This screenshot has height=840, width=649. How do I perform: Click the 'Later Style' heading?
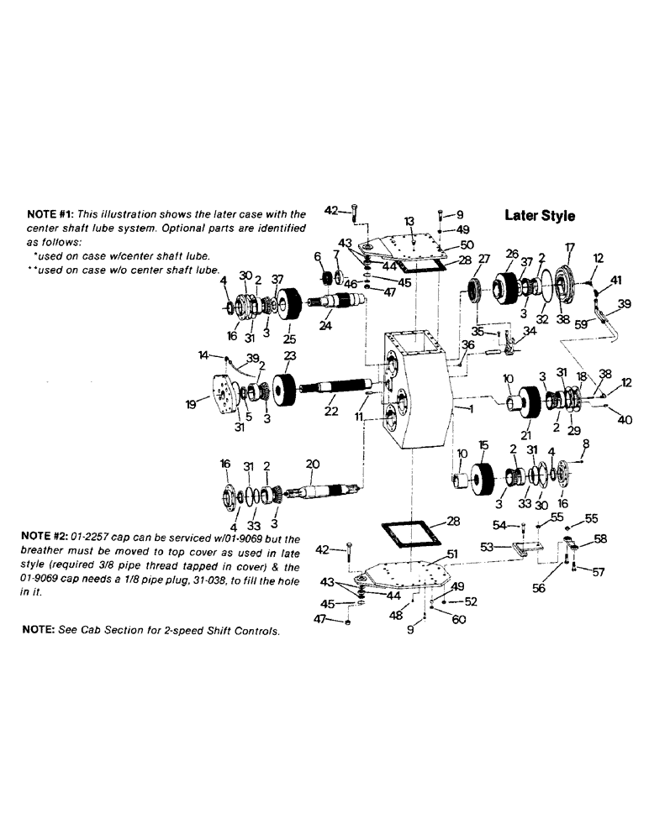pyautogui.click(x=540, y=215)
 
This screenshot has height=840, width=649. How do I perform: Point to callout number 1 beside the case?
pyautogui.click(x=460, y=409)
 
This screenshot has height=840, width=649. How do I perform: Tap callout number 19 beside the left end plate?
pyautogui.click(x=193, y=404)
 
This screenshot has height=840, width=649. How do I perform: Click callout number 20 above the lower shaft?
pyautogui.click(x=313, y=464)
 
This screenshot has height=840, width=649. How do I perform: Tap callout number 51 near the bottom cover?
pyautogui.click(x=451, y=554)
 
